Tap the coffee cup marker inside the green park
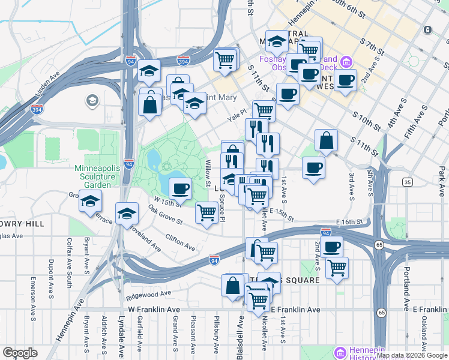(x=179, y=190)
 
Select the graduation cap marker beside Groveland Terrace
(x=127, y=214)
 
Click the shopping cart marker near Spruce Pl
(x=206, y=212)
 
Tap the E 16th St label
(x=350, y=222)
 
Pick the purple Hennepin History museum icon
(x=341, y=352)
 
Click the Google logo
(x=20, y=352)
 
